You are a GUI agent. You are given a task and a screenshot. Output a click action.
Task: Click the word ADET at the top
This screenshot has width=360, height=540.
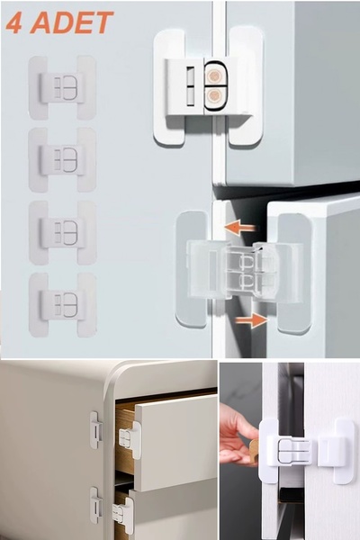(72, 22)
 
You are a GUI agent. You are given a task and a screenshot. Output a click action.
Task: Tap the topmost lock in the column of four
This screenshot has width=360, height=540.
(62, 88)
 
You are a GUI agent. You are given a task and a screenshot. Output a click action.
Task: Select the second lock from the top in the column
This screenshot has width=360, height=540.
(62, 160)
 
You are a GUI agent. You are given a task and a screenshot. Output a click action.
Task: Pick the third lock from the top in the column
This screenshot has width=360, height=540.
(62, 233)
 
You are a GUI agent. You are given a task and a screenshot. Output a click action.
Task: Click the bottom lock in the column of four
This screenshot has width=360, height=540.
(62, 305)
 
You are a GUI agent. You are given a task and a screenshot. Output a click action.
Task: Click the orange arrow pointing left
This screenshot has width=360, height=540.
(239, 228)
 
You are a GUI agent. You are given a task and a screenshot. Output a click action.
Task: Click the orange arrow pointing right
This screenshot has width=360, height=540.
(251, 320)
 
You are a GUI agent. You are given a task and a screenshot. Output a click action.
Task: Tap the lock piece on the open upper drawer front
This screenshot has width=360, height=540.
(130, 440)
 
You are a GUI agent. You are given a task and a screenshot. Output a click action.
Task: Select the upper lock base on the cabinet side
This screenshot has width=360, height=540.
(96, 431)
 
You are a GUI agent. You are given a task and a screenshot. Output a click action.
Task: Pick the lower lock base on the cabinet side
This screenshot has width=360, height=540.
(96, 506)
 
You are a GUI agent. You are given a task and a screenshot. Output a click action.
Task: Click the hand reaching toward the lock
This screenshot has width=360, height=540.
(238, 436)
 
